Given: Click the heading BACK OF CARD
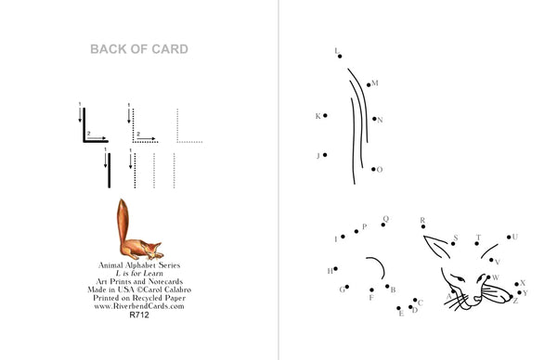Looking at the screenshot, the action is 139,49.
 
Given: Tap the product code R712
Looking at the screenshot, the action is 139,315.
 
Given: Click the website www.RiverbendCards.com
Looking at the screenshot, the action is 139,306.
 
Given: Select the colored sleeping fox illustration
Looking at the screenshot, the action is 139,229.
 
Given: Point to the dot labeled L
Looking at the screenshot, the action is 340,56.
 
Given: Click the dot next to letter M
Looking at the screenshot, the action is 369,84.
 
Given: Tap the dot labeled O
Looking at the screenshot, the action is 373,170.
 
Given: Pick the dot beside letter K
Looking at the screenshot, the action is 325,115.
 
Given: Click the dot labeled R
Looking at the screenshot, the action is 423,226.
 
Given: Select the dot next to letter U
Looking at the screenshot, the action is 509,238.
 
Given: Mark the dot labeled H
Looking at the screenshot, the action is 336,269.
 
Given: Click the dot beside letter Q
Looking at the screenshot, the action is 382,225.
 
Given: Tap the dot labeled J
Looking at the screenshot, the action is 325,155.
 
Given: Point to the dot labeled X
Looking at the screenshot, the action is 516,284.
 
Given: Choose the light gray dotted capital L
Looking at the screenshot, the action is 177,141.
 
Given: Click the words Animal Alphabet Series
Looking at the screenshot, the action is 139,265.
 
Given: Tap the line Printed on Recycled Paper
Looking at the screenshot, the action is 139,298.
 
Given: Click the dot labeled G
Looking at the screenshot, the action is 347,287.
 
